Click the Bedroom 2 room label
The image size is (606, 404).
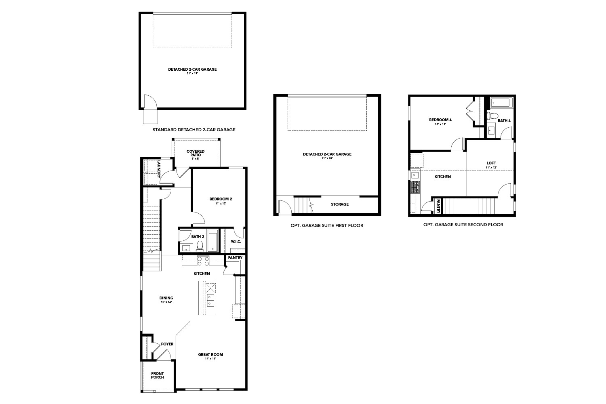221,199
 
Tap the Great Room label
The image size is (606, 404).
210,355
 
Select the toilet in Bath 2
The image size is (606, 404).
199,246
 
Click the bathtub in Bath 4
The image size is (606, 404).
501,103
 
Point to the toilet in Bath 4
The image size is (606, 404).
492,116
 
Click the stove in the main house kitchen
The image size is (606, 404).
203,261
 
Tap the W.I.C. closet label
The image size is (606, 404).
236,242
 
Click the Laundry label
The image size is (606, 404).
159,169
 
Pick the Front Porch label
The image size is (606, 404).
157,375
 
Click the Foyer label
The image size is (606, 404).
167,344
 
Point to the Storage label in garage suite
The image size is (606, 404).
339,204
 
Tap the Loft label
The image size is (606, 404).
491,163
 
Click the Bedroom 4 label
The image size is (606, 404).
440,120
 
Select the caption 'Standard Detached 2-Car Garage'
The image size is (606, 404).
194,130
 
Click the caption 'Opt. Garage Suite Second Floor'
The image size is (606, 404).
463,225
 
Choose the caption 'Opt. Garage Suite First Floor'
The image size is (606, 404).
326,225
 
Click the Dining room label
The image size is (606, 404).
166,298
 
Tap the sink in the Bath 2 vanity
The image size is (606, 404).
187,247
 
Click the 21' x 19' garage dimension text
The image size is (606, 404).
192,74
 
